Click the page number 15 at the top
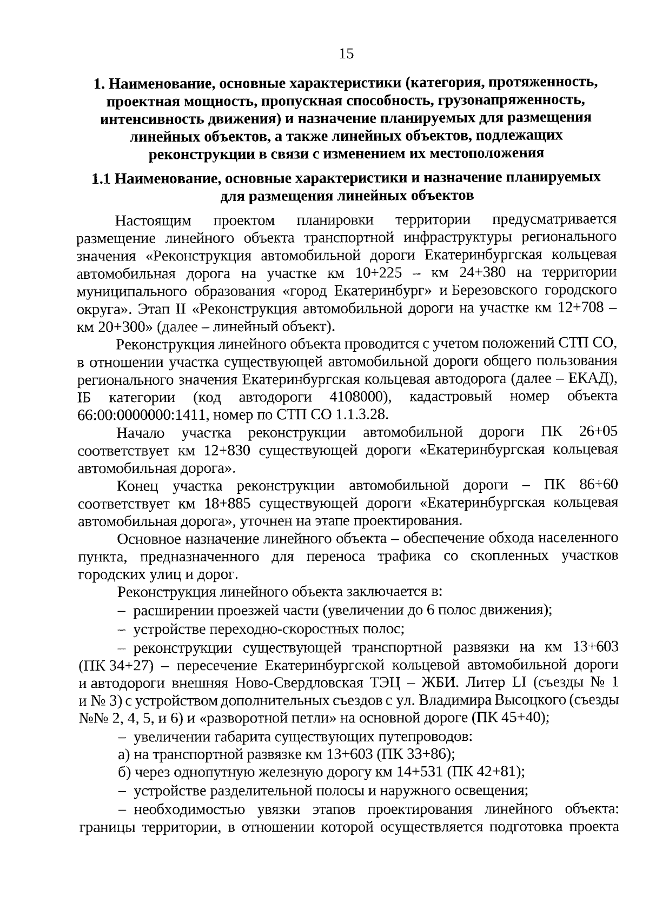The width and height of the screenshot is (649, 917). pos(346,53)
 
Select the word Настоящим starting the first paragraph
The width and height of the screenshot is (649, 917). pos(153,220)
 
